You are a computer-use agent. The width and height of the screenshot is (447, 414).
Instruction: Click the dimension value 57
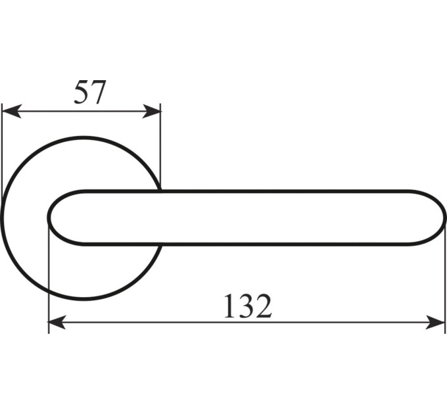[90, 92]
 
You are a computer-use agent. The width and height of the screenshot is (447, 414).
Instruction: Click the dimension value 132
[248, 306]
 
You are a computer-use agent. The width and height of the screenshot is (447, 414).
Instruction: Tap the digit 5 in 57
[82, 92]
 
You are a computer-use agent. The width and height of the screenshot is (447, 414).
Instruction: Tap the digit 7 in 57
[99, 92]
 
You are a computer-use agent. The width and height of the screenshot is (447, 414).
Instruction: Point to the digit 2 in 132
[264, 306]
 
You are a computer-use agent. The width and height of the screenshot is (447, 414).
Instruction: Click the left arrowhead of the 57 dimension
[11, 112]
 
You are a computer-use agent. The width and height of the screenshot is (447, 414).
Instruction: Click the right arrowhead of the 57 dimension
[151, 112]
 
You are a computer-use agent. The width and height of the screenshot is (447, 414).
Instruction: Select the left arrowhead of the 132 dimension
[57, 322]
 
